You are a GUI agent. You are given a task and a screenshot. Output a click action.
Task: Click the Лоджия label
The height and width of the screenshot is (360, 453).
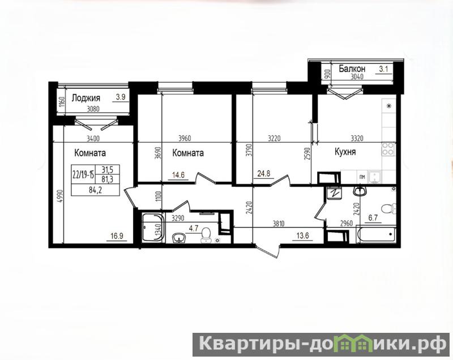(x=86, y=98)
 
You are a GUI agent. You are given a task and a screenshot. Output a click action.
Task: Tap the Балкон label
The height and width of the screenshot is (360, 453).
(x=352, y=68)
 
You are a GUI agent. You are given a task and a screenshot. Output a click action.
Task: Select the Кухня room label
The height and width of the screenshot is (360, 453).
(x=345, y=152)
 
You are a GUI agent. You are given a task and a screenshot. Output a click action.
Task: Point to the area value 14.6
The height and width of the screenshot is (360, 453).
(x=178, y=175)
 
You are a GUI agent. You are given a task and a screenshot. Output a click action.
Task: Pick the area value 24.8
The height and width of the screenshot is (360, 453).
(x=264, y=174)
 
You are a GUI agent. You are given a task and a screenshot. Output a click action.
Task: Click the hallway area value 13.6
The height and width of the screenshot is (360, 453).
(x=302, y=235)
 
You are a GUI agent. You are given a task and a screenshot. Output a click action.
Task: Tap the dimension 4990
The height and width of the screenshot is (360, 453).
(x=59, y=198)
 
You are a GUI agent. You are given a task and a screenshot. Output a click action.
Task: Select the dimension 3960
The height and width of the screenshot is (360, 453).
(x=185, y=139)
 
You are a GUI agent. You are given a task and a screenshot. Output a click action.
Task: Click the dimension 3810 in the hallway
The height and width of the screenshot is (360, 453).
(x=279, y=223)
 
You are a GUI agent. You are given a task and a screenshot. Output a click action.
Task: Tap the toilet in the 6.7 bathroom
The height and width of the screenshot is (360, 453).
(x=388, y=208)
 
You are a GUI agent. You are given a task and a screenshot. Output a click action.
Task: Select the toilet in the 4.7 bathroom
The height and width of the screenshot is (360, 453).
(x=206, y=234)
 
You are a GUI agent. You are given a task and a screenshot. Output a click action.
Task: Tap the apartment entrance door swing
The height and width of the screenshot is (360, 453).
(x=268, y=251)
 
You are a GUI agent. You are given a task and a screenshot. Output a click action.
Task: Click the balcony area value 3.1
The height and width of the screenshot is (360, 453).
(x=384, y=69)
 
